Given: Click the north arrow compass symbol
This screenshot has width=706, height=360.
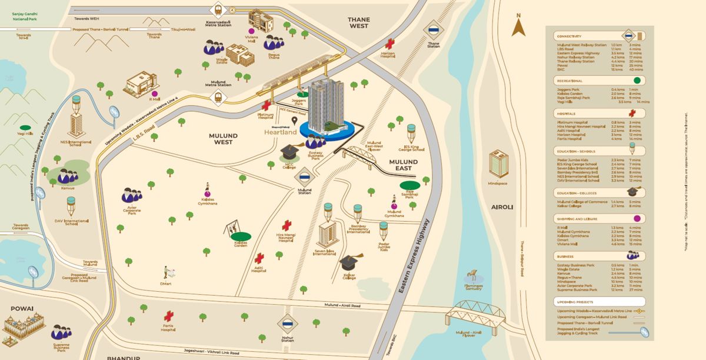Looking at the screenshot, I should [x=518, y=26].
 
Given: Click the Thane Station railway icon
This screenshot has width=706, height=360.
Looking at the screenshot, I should [x=434, y=31].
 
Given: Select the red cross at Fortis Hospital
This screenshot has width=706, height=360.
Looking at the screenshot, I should [x=169, y=316].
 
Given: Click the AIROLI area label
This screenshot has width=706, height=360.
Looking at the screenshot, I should [x=502, y=207].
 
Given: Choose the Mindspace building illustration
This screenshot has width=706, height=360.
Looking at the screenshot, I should [x=498, y=164].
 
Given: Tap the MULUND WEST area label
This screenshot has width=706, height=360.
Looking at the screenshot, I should [x=223, y=139].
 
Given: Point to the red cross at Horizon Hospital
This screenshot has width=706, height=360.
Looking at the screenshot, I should [x=389, y=44].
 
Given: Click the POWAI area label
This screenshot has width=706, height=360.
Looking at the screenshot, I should [x=21, y=308].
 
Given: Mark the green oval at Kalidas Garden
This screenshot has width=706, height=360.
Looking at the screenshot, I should [x=241, y=236].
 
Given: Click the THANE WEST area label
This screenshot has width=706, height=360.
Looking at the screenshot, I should [x=358, y=22].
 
